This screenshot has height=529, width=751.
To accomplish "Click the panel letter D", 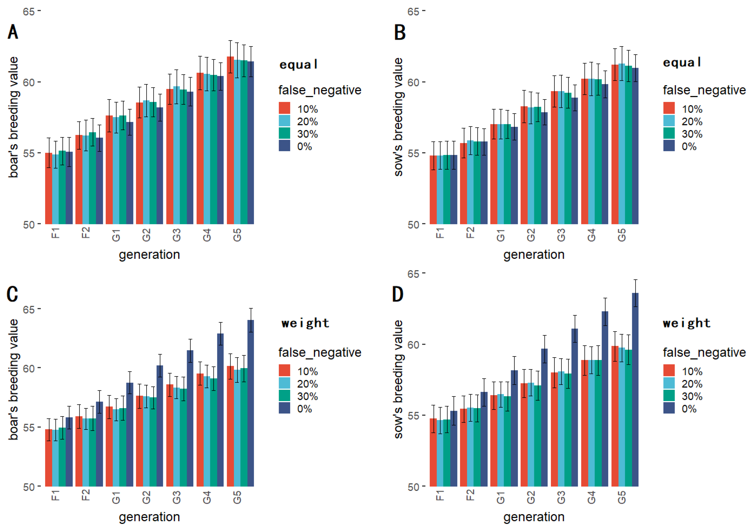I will [x=398, y=294].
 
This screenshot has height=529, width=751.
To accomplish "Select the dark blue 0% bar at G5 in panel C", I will [x=250, y=402].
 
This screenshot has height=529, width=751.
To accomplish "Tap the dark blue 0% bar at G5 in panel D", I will [x=635, y=389].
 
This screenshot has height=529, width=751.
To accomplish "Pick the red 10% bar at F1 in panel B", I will [x=433, y=190].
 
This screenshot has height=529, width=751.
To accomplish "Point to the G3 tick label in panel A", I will [x=177, y=235].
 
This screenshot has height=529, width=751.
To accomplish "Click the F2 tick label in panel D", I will [x=470, y=495].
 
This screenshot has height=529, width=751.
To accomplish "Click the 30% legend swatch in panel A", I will [x=284, y=133].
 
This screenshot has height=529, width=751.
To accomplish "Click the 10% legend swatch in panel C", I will [x=284, y=371].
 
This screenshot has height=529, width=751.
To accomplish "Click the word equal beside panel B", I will [x=682, y=62].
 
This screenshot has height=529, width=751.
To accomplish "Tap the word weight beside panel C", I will [x=305, y=323].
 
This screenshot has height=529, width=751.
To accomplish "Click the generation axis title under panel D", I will [x=534, y=517].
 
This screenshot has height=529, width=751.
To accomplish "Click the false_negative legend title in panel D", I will [x=704, y=352].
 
